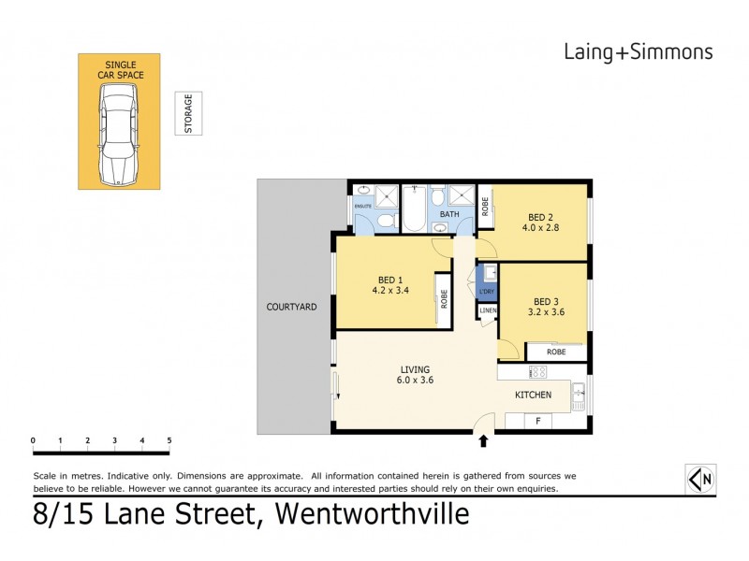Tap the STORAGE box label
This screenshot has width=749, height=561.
point(188,114)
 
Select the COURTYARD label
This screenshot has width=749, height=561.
point(291,306)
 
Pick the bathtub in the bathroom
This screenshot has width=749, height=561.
point(413,207)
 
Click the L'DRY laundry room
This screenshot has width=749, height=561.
point(487,280)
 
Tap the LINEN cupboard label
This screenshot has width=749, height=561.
point(488,310)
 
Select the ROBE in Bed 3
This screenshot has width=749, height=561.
point(556,352)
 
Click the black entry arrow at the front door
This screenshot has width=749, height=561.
point(484,440)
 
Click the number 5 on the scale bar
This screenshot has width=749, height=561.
point(169,439)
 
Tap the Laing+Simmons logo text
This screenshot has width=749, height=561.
point(638,51)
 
